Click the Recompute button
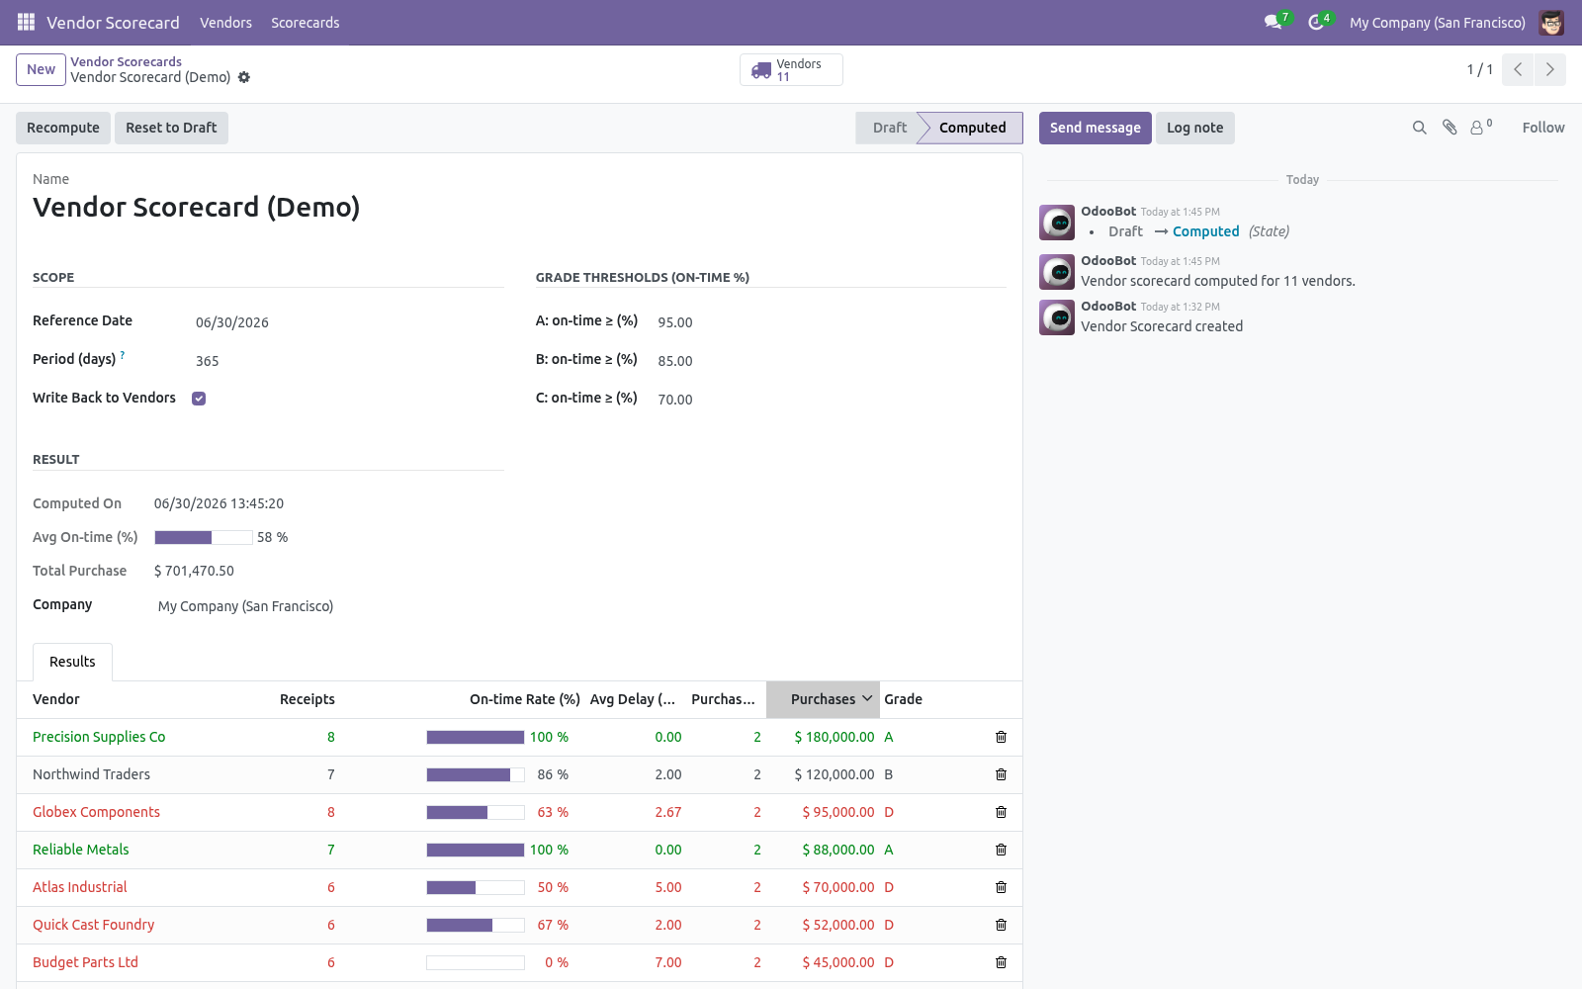pyautogui.click(x=63, y=128)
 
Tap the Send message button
pyautogui.click(x=1095, y=128)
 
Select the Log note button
pyautogui.click(x=1194, y=128)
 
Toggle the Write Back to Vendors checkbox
pyautogui.click(x=199, y=399)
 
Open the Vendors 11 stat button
pyautogui.click(x=791, y=70)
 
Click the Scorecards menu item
pyautogui.click(x=306, y=23)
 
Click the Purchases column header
pyautogui.click(x=823, y=699)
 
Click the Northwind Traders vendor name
pyautogui.click(x=91, y=774)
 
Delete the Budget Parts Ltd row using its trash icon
pyautogui.click(x=1001, y=962)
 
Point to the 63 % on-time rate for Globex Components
pyautogui.click(x=553, y=812)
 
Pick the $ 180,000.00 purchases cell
pyautogui.click(x=835, y=737)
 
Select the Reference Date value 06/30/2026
pyautogui.click(x=232, y=322)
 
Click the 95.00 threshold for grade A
pyautogui.click(x=675, y=322)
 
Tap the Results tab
pyautogui.click(x=72, y=662)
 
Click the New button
pyautogui.click(x=41, y=69)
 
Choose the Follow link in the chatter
pyautogui.click(x=1543, y=128)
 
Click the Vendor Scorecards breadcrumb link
pyautogui.click(x=126, y=61)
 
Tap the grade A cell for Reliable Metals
pyautogui.click(x=889, y=850)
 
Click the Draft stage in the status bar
pyautogui.click(x=889, y=128)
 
